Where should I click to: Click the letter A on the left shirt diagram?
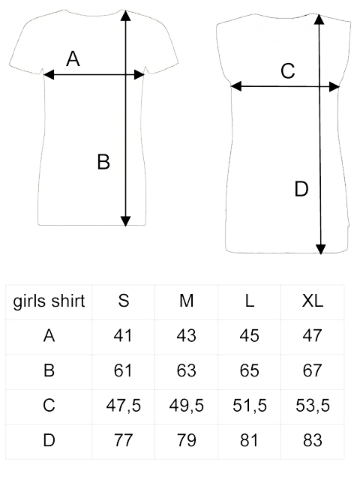click(73, 58)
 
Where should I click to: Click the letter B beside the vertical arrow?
click(103, 162)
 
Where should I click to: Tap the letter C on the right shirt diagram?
click(288, 71)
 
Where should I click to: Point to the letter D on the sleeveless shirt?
click(301, 189)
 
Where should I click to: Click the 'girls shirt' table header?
click(49, 301)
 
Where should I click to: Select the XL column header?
click(313, 301)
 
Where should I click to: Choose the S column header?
click(124, 301)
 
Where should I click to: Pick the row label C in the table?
click(49, 405)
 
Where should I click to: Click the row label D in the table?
click(49, 440)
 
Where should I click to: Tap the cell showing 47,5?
click(124, 406)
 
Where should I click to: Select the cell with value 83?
click(313, 440)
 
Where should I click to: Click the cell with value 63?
click(187, 370)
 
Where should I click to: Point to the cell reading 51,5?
click(250, 406)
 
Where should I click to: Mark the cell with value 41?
click(123, 336)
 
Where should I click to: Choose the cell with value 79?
click(187, 440)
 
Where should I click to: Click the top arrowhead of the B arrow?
click(126, 16)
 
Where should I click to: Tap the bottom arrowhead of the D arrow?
click(320, 249)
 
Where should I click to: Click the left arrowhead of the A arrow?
click(49, 74)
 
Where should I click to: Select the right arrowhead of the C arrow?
click(334, 87)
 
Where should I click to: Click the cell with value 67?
click(313, 370)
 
